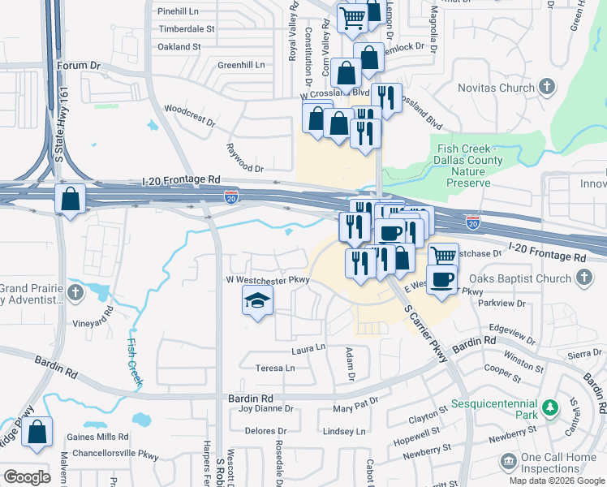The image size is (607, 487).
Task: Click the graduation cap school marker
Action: coord(257,302)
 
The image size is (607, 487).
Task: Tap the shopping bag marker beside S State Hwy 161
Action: coord(71,198)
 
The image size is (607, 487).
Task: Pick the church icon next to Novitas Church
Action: coord(548,86)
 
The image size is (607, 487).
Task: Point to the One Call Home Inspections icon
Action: coord(508,463)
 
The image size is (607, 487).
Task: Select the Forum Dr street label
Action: coord(78,65)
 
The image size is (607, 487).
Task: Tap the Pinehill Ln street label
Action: coord(179,11)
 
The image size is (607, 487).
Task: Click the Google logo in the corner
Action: coord(27,476)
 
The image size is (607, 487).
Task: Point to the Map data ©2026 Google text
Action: coord(557,481)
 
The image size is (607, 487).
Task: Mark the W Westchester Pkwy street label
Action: coord(268,280)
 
